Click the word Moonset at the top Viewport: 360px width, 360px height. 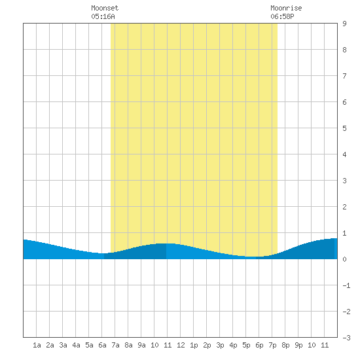click(x=105, y=8)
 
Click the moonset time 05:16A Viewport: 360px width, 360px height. click(x=103, y=16)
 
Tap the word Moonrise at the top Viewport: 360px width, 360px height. click(x=286, y=8)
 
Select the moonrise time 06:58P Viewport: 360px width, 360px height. click(x=282, y=16)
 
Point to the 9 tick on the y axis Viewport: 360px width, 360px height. click(x=344, y=24)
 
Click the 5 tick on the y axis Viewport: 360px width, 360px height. click(x=344, y=128)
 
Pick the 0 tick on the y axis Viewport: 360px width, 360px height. click(x=344, y=259)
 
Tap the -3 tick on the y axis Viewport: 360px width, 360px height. click(x=346, y=338)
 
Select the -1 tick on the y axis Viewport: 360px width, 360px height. click(x=346, y=285)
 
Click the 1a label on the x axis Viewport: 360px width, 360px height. click(x=37, y=345)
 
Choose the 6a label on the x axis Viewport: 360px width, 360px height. click(x=102, y=345)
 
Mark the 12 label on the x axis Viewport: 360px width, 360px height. click(x=181, y=345)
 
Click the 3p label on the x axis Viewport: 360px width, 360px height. click(x=220, y=345)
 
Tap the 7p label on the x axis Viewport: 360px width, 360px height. click(x=272, y=345)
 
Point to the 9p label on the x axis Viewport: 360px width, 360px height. click(x=298, y=345)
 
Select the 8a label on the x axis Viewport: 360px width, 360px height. click(x=128, y=345)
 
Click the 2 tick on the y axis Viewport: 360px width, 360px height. click(x=344, y=207)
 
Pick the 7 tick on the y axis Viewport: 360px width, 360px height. click(x=344, y=76)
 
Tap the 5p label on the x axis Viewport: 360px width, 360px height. click(x=246, y=345)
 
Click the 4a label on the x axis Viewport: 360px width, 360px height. click(x=76, y=345)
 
